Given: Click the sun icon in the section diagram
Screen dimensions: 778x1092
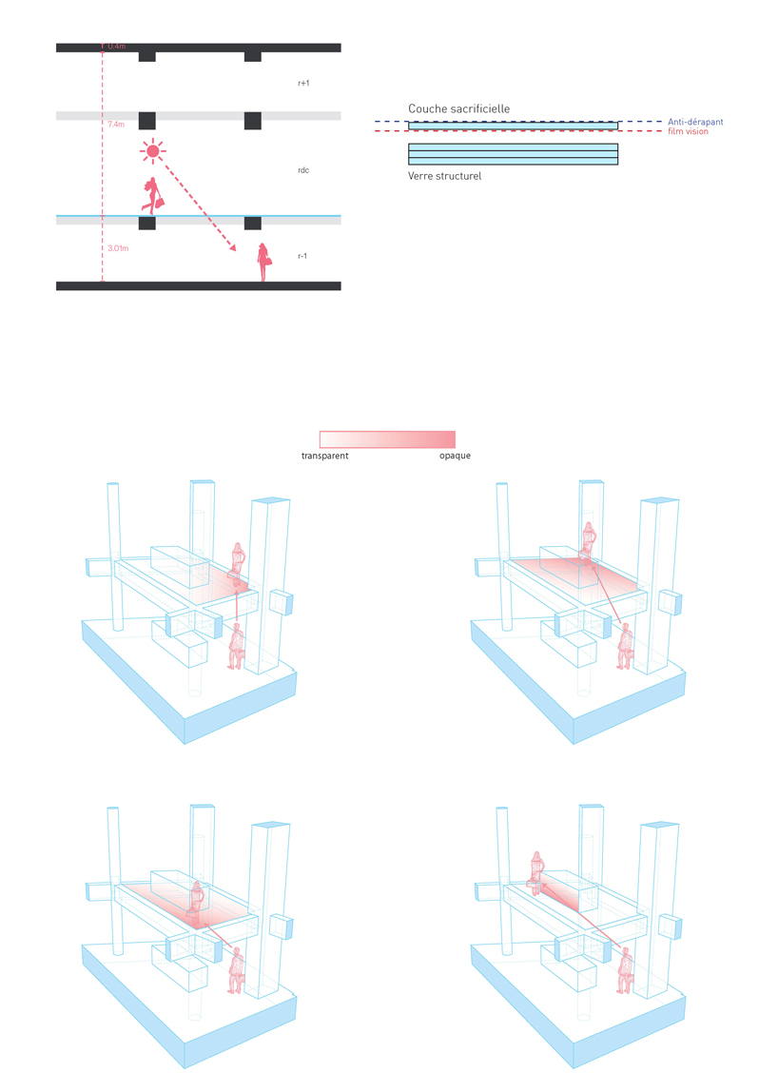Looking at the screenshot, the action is click(x=152, y=151).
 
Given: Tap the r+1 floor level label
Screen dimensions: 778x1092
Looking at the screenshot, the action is click(x=303, y=83).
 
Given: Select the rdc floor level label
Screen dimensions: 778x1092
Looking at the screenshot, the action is click(x=303, y=170).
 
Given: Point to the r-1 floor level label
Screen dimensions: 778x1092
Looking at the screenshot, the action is click(x=302, y=256).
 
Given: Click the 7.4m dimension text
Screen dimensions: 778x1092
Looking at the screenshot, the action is click(x=116, y=124).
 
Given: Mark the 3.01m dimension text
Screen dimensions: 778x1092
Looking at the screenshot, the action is click(x=118, y=248).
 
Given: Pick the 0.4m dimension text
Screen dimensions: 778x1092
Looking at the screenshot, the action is click(x=117, y=46).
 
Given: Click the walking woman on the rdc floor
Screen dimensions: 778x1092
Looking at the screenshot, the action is click(x=152, y=196).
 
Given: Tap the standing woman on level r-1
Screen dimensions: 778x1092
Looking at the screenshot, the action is click(x=264, y=262).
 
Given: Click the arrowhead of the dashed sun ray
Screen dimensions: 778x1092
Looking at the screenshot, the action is click(x=233, y=247).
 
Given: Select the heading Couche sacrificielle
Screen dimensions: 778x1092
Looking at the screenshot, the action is click(x=459, y=108).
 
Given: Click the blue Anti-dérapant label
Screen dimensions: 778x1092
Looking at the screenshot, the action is click(x=696, y=122).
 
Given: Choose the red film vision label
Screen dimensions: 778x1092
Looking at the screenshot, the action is click(x=689, y=131).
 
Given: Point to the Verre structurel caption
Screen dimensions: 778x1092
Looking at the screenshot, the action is click(x=444, y=176).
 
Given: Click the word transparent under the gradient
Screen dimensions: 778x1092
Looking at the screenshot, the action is click(x=324, y=456).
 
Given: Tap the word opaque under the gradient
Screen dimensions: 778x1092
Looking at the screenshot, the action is click(x=455, y=456).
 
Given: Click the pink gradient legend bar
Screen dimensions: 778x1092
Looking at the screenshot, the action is click(x=387, y=439).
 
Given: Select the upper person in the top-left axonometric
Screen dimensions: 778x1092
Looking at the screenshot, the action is click(x=238, y=564).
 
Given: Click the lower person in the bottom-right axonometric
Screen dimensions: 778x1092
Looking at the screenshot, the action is click(x=626, y=970).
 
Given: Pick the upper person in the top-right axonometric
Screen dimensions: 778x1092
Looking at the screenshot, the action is click(x=590, y=542).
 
